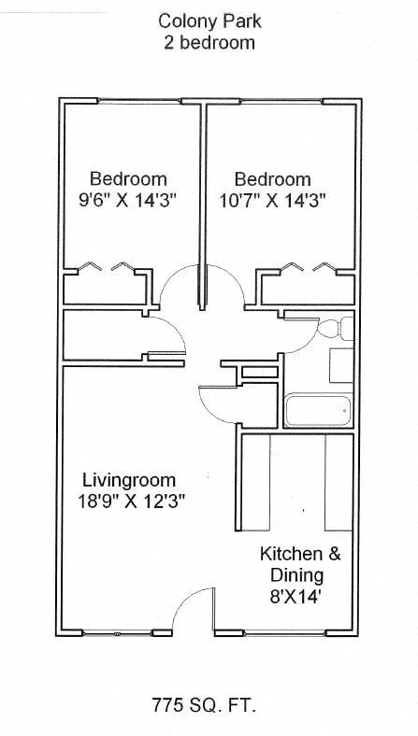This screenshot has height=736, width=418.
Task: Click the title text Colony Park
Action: pos(209,21)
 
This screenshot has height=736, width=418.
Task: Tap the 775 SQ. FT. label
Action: pos(204,705)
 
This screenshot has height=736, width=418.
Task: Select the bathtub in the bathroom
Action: pos(318,411)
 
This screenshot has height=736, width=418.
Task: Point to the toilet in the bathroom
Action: pos(336,328)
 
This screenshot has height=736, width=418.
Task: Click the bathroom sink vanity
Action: pos(341,365)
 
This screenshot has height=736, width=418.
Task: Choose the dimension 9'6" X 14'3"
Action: pos(127,201)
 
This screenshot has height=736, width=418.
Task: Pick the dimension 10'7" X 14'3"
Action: pos(273,201)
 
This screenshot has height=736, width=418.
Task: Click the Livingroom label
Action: pos(129,480)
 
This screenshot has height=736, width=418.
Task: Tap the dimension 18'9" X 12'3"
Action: pos(129,502)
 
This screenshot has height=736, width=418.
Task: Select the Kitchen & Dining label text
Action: pos(300,565)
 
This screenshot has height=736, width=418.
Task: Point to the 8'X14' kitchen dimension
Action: pos(296,598)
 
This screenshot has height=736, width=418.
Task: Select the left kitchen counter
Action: pos(256,482)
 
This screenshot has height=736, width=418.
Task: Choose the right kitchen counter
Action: pos(339,482)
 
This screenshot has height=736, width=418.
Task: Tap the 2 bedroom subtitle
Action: pos(209,43)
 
